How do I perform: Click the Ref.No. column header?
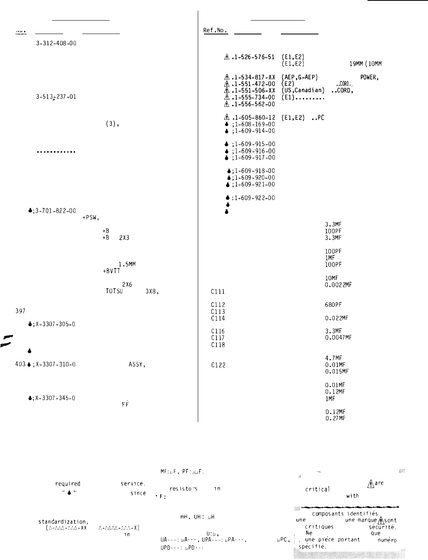[215, 30]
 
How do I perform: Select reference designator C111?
[218, 292]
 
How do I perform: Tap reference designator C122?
[218, 365]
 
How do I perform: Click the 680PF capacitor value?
[333, 305]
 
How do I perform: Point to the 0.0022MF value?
[338, 285]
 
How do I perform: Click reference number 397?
[21, 311]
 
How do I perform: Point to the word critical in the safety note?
[317, 489]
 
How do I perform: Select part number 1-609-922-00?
[253, 198]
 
